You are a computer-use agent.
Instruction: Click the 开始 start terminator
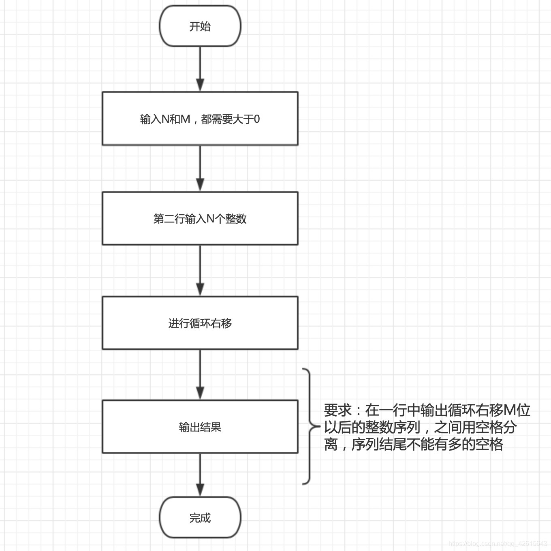click(x=200, y=26)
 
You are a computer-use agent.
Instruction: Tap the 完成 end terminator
click(x=200, y=518)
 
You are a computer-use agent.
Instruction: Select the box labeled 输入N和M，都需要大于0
click(x=200, y=118)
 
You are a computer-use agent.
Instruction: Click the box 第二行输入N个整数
click(x=200, y=219)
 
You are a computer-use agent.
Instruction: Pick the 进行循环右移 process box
click(x=200, y=323)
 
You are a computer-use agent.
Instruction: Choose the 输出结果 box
click(x=200, y=427)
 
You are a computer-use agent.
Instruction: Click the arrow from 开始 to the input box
click(x=200, y=69)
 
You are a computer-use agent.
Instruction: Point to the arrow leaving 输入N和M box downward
click(x=200, y=168)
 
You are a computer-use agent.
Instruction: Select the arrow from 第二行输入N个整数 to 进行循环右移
click(x=200, y=271)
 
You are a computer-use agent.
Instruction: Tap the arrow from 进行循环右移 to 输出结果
click(x=200, y=375)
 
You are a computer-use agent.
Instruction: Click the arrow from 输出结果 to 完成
click(x=200, y=475)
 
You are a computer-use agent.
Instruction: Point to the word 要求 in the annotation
click(x=337, y=410)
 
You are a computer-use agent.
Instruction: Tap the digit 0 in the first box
click(x=256, y=119)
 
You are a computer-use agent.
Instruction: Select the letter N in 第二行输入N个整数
click(x=210, y=219)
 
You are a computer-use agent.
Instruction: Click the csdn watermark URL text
click(x=498, y=544)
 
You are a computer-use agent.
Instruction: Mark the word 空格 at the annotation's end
click(x=489, y=444)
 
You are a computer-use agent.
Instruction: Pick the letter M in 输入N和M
click(x=185, y=119)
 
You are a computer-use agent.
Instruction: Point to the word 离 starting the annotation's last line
click(x=331, y=444)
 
